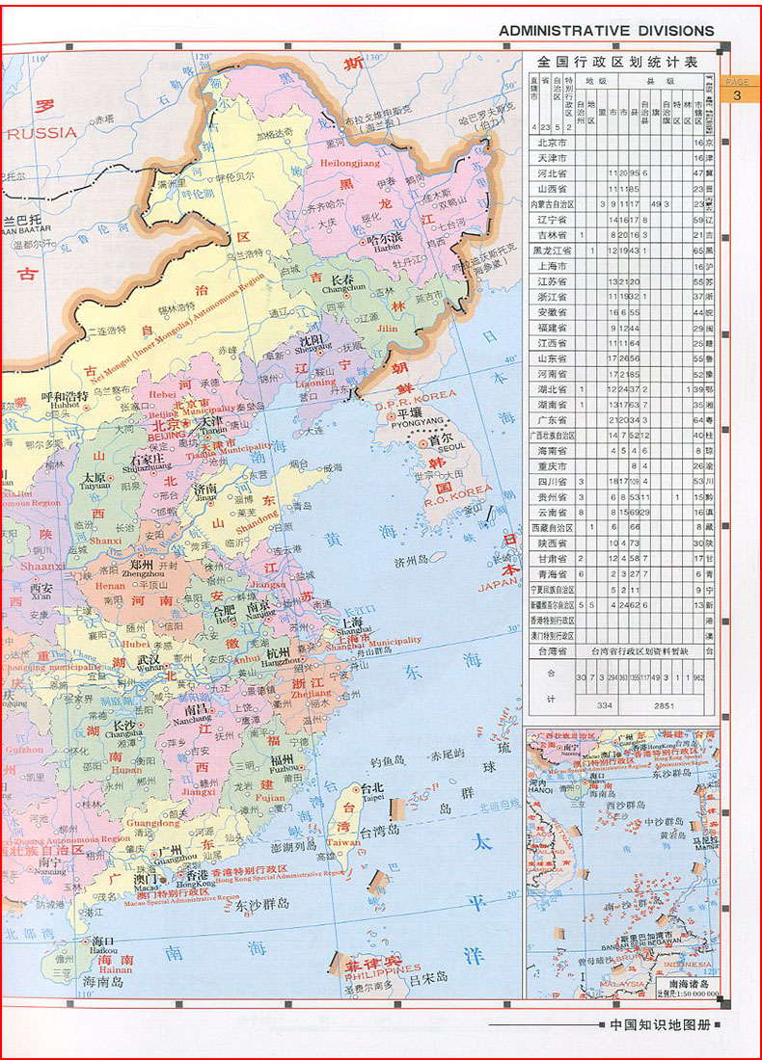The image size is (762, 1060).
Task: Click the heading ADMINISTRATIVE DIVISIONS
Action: pos(606,31)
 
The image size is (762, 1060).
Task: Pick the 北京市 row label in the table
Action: pos(552,143)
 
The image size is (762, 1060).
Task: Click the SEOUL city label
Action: pos(450,446)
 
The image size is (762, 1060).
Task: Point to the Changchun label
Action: pos(342,287)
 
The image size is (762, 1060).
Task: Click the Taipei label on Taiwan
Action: pos(373,797)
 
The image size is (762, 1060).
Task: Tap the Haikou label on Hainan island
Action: pos(103,948)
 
